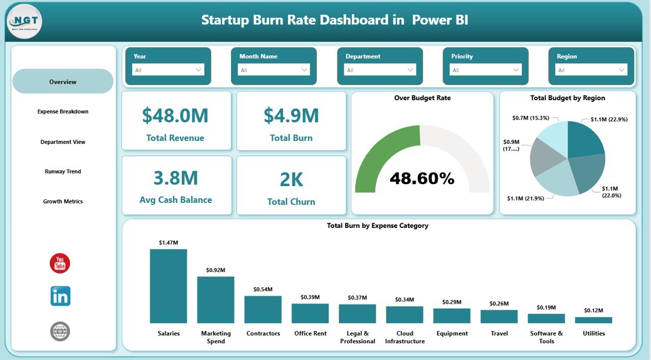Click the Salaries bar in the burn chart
pos(168,286)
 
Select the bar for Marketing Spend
pos(216,300)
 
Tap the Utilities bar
pos(594,320)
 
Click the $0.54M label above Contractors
pos(263,289)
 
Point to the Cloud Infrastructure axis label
pos(405,337)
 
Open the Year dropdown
pos(168,70)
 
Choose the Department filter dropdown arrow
pos(410,70)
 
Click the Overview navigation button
pos(63,81)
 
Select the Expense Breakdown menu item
pos(63,111)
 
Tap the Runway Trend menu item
pos(63,171)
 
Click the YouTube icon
pos(60,263)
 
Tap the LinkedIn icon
pos(60,296)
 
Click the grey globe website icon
pos(60,331)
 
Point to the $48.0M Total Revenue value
pos(175,115)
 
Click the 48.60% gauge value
pos(422,178)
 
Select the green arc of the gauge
pos(376,153)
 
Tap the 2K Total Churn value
pos(291,179)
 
